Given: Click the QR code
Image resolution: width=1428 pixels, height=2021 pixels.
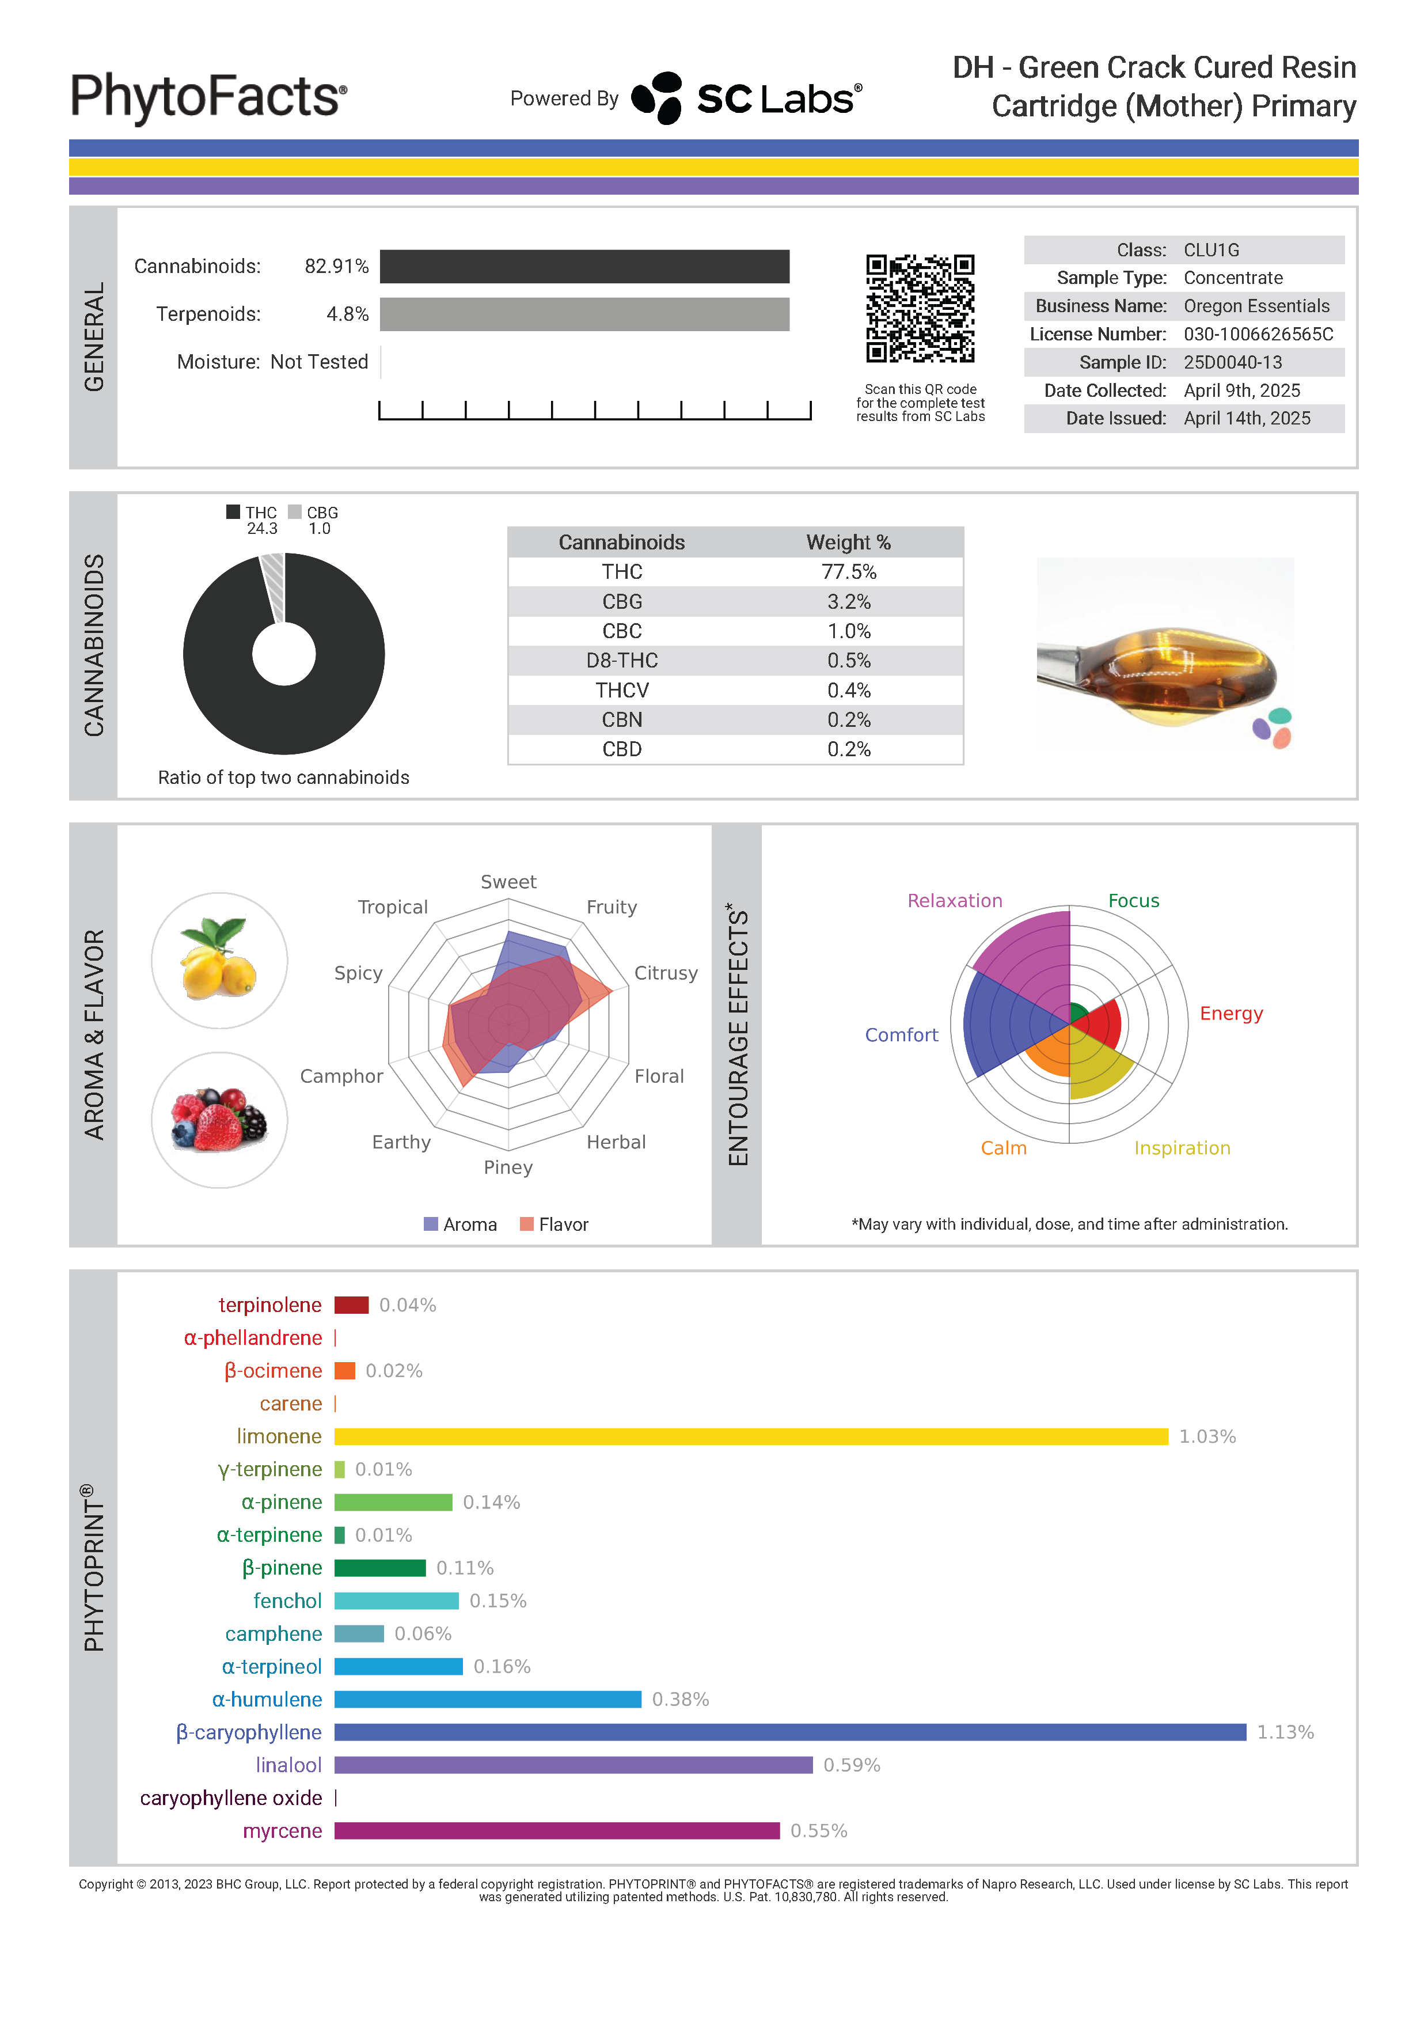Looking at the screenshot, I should coord(920,308).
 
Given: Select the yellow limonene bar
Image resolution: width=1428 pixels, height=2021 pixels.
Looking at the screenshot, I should coord(750,1436).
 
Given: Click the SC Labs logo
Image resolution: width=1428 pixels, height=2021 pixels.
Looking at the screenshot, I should coord(747,98).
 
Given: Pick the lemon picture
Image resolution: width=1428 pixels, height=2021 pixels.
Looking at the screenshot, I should coord(219,960).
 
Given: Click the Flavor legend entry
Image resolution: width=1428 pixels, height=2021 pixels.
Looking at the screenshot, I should coord(555,1224).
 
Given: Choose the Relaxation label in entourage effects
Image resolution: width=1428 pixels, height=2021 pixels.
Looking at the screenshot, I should coord(955,900).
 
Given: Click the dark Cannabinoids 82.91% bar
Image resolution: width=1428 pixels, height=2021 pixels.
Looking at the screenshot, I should coord(584,267).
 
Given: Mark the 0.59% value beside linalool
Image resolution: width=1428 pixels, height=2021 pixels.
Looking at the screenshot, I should coord(851,1765).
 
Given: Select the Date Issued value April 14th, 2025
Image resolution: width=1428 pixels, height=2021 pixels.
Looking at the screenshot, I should coord(1246,419).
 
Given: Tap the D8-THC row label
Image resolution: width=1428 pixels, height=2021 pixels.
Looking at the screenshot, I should coord(622,661).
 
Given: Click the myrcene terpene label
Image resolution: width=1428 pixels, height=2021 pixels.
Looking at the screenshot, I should coord(282,1831).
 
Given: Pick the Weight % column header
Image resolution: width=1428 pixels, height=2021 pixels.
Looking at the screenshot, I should coord(848,542).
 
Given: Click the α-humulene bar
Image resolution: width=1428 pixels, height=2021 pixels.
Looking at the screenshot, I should coord(488,1699).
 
